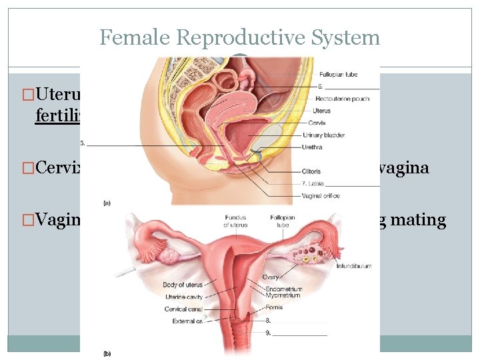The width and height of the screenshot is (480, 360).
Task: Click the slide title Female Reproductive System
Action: [x=240, y=37]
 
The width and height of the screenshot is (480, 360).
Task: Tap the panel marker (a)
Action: [x=107, y=201]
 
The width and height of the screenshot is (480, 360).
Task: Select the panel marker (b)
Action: [x=107, y=353]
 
